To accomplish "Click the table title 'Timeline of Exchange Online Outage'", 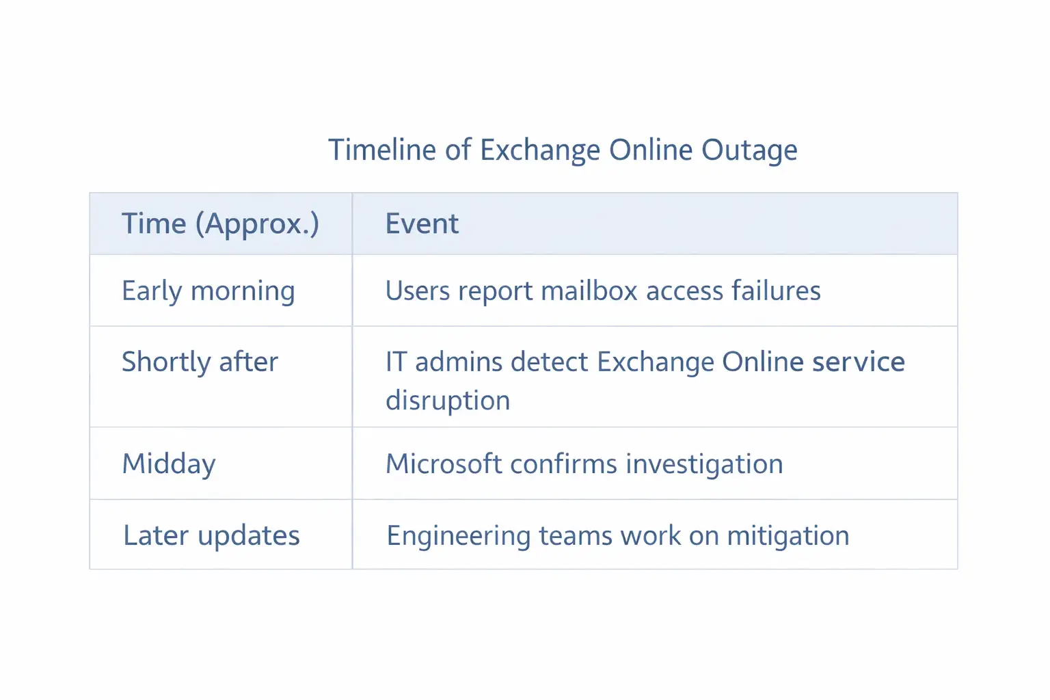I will (x=562, y=150).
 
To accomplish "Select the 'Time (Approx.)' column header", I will (x=220, y=224).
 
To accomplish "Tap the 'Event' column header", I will (x=422, y=224).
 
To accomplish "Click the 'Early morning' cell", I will (x=208, y=291).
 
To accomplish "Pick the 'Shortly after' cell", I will (x=200, y=362).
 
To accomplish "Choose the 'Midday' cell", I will (x=169, y=464).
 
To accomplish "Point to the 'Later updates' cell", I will (x=211, y=536).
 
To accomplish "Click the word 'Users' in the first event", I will (x=418, y=291).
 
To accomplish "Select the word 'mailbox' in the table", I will (x=589, y=291).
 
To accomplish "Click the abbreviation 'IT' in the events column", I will (x=396, y=362).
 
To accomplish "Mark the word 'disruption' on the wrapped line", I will (x=448, y=401).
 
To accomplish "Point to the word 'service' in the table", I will (x=859, y=362).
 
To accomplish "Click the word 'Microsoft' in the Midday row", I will (x=444, y=464).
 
